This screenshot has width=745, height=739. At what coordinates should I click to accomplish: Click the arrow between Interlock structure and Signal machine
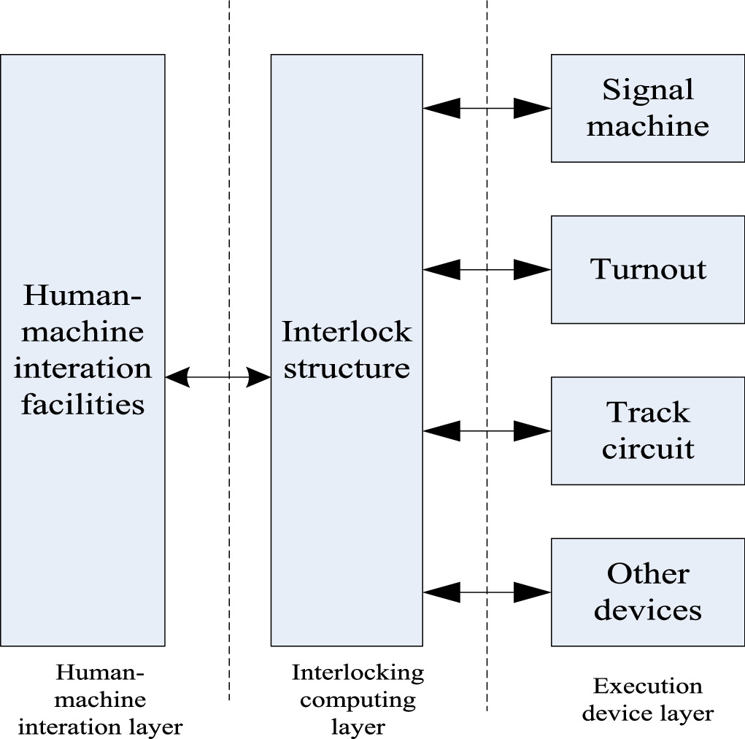[487, 108]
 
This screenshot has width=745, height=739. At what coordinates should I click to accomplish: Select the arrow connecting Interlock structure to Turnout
[487, 270]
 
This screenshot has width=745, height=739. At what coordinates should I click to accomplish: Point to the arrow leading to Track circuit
[487, 431]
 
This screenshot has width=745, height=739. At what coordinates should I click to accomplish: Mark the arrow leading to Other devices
[487, 592]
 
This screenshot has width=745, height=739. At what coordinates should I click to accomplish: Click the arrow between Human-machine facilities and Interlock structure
[217, 377]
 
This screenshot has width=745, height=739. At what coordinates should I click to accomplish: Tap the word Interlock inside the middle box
[347, 332]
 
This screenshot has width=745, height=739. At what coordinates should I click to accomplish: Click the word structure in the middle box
[347, 368]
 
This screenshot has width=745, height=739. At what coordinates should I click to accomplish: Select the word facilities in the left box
[82, 403]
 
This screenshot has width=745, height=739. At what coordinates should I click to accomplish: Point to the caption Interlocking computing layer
[358, 699]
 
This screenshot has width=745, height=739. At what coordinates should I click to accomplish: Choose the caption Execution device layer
[647, 699]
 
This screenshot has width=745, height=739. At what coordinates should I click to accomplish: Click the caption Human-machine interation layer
[100, 699]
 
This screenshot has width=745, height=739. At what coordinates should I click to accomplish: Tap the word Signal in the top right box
[647, 90]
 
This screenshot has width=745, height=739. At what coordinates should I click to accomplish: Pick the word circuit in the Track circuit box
[647, 448]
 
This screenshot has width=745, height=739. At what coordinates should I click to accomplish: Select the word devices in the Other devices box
[647, 609]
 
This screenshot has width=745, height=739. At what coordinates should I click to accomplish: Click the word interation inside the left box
[82, 368]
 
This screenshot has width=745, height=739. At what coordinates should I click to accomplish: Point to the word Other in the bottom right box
[647, 574]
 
